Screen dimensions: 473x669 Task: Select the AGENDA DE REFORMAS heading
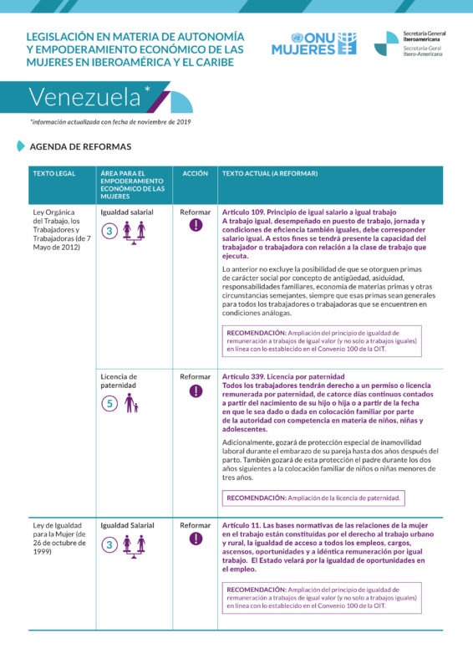point(80,146)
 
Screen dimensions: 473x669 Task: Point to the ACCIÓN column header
point(196,173)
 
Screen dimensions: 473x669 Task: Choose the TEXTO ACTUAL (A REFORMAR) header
point(270,173)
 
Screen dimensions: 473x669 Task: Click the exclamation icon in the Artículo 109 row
point(196,225)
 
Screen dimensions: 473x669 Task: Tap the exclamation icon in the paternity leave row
point(196,391)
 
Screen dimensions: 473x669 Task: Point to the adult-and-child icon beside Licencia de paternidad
point(130,404)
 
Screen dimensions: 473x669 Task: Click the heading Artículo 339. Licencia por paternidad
point(283,377)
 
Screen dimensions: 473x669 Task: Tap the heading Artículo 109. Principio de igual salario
point(309,212)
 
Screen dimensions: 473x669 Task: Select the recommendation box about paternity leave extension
point(314,498)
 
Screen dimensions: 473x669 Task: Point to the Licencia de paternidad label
point(119,381)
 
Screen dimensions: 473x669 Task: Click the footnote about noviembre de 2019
point(110,122)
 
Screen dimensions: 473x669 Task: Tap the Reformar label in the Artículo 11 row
point(196,525)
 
